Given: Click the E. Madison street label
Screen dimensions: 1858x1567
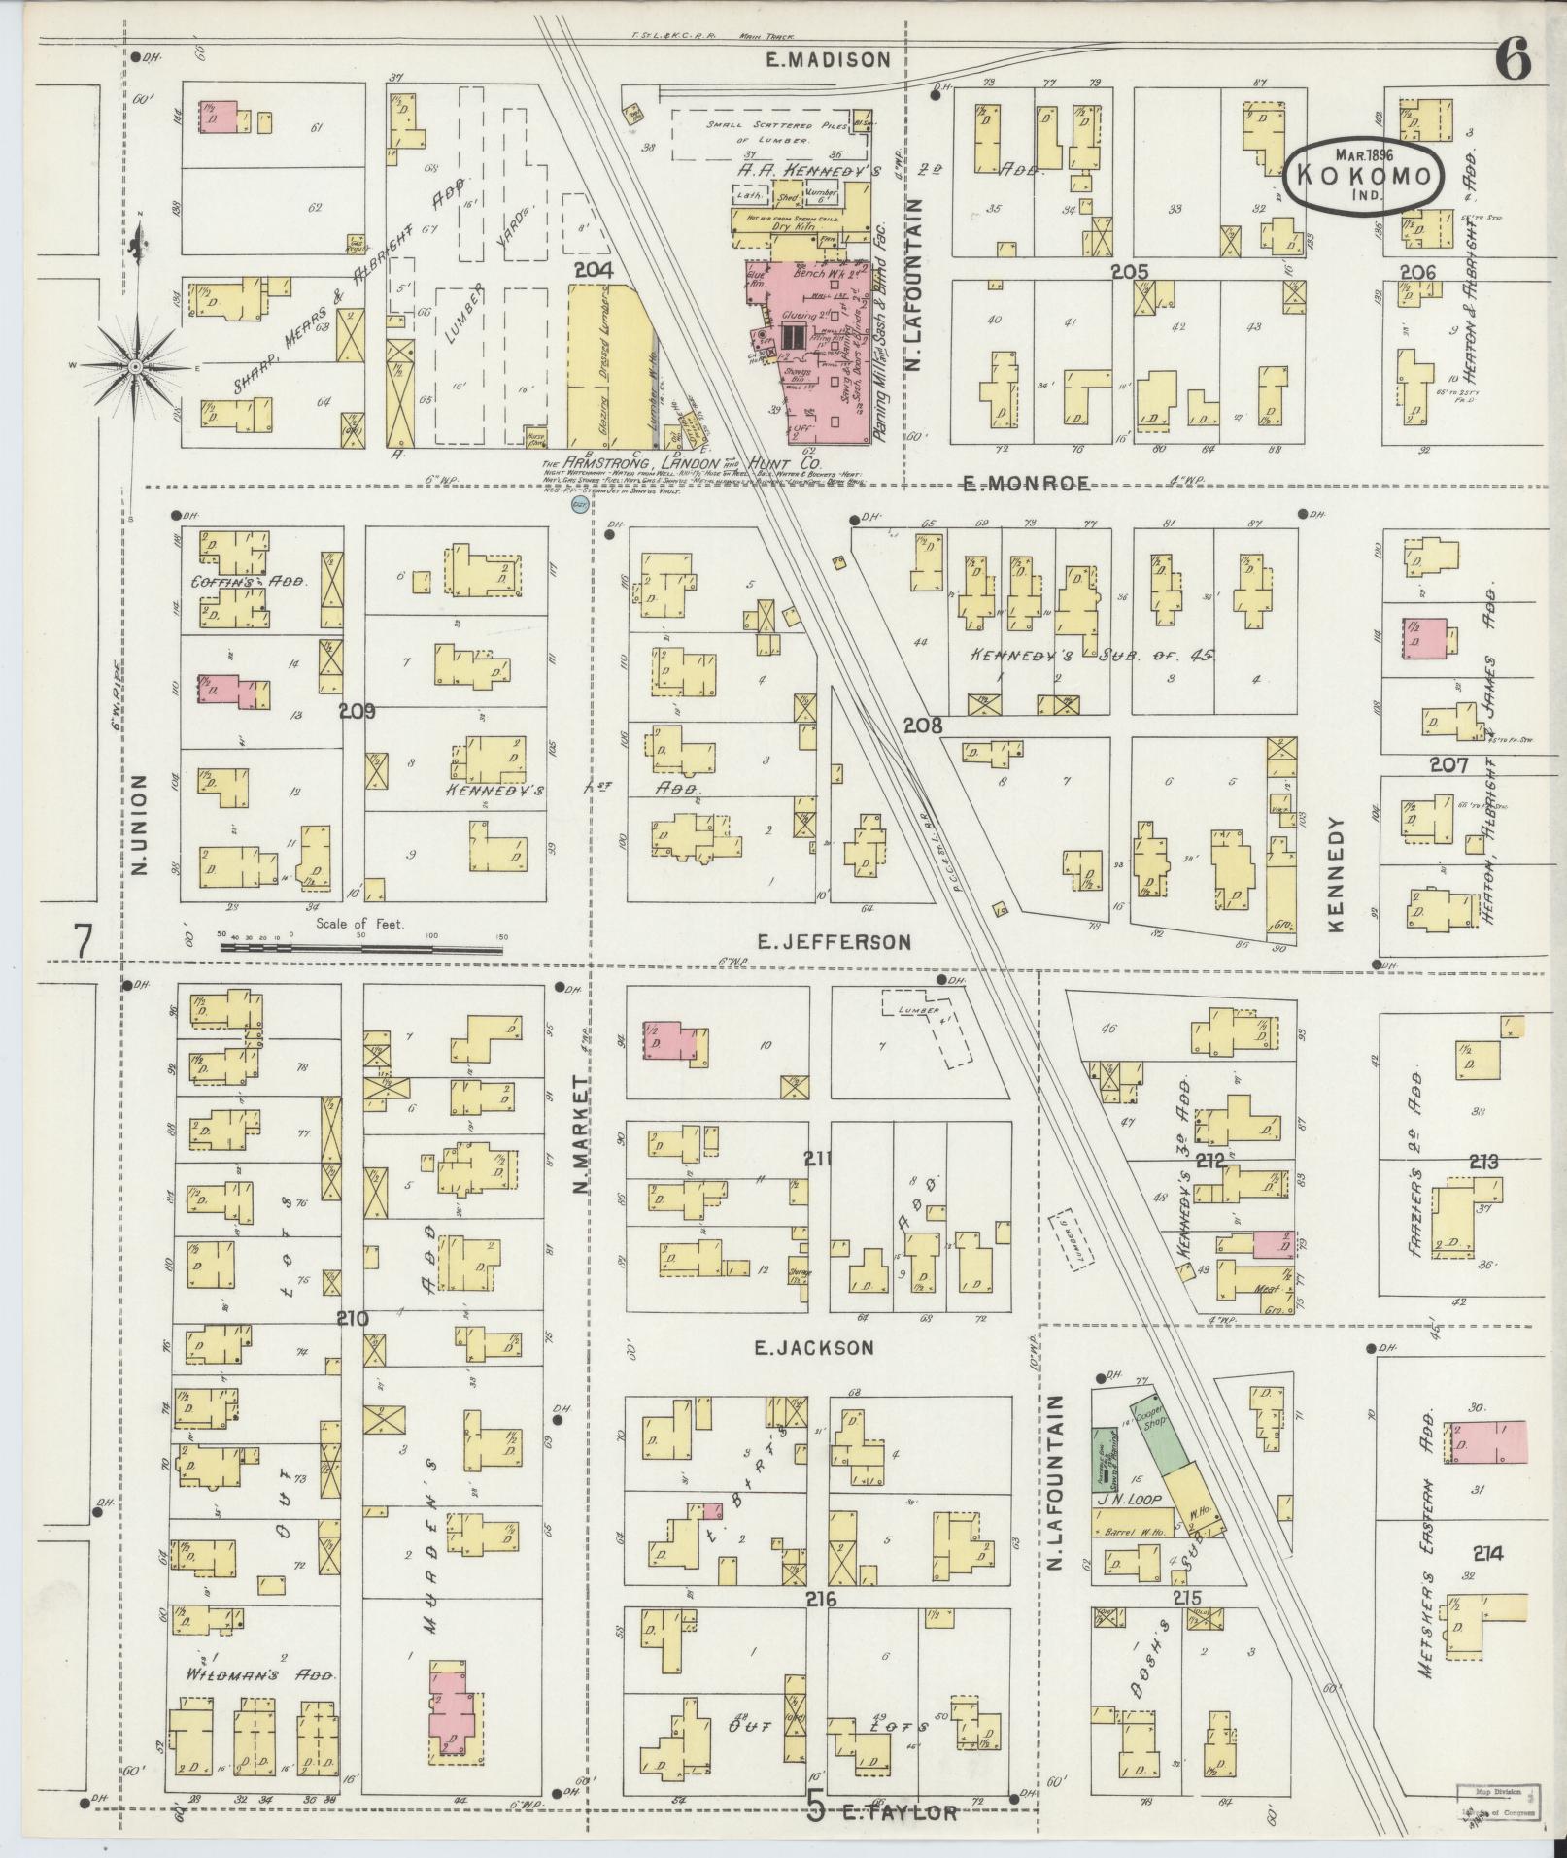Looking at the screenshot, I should click(827, 60).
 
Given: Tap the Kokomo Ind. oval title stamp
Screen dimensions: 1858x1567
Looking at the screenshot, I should click(1365, 176).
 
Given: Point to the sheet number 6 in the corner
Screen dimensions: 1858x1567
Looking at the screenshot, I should click(1514, 62).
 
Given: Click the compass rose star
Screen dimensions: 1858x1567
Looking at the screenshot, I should click(136, 366).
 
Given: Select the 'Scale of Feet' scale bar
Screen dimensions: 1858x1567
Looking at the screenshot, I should click(359, 942).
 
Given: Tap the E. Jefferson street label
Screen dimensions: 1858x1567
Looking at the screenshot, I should click(835, 941).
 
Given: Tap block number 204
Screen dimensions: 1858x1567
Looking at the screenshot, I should click(593, 271).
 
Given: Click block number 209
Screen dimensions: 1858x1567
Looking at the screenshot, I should click(358, 711).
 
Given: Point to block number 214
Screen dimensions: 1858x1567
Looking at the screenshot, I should click(1486, 1554).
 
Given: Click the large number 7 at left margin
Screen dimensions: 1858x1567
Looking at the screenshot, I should click(84, 940).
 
